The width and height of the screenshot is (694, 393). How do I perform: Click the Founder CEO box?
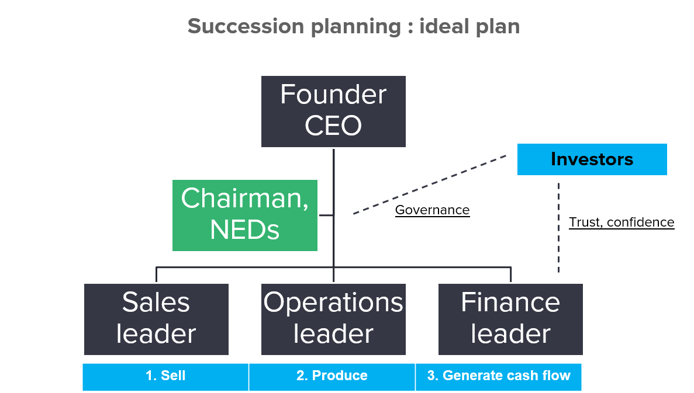point(333,112)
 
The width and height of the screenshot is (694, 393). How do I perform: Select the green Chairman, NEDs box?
point(245,215)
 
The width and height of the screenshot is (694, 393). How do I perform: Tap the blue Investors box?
point(592,159)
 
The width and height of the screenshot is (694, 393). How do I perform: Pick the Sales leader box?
point(156,319)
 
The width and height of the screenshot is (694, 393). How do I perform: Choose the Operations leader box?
point(333,319)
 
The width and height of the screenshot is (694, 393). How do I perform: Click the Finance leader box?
point(510,319)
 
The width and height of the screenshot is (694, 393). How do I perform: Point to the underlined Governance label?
point(432,210)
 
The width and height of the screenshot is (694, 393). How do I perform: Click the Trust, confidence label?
point(622,222)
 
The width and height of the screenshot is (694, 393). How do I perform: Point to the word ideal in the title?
point(444,26)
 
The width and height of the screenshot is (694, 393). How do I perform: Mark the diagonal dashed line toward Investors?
point(430,185)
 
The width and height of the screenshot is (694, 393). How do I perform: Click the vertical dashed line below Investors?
point(558,228)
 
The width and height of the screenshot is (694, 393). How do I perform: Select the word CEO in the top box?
point(333,126)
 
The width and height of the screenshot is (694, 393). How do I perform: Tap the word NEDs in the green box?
point(245,230)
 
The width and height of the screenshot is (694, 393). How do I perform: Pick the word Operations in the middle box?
point(333,303)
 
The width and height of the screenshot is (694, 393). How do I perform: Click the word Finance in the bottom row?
point(510,302)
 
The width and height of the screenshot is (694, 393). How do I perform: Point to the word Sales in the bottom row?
point(156,302)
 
